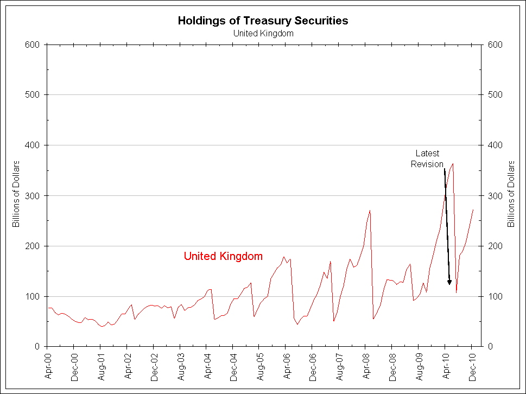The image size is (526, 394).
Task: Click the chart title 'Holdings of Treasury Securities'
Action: [263, 21]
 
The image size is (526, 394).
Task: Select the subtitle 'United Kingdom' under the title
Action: [263, 33]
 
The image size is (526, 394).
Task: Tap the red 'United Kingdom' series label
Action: [223, 256]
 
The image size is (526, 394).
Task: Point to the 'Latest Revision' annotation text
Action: [427, 158]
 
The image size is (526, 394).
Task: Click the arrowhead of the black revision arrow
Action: [449, 282]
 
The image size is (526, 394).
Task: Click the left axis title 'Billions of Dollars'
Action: [16, 194]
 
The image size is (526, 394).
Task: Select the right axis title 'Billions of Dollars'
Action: [510, 194]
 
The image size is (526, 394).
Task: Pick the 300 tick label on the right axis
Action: [494, 196]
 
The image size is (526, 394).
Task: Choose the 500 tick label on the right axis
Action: [494, 95]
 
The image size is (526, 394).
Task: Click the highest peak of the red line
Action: [453, 163]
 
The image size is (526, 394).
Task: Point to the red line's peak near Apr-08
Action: [370, 211]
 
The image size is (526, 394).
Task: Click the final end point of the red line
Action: [473, 209]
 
